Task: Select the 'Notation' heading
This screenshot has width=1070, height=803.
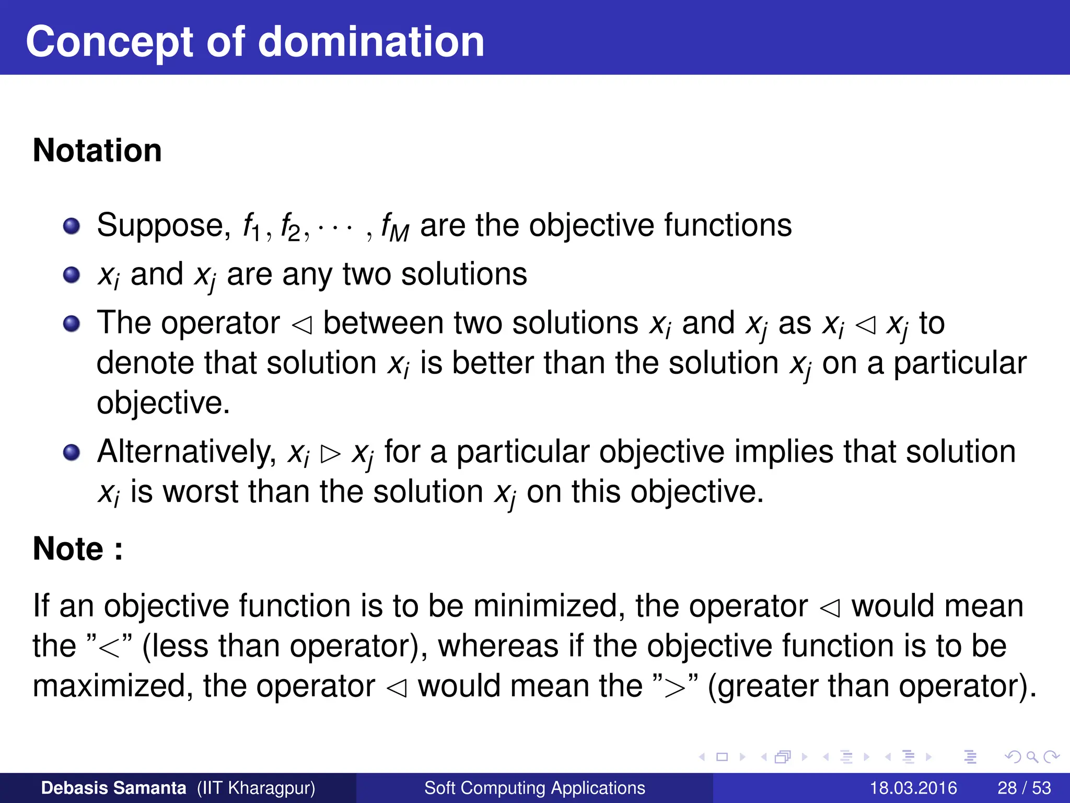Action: (x=97, y=151)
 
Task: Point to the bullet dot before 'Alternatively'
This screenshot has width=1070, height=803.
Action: (x=72, y=452)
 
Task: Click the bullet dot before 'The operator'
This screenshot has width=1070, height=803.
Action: (x=72, y=324)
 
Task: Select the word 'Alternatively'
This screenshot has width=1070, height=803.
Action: (x=187, y=451)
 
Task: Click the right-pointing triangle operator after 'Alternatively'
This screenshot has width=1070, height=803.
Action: (x=331, y=454)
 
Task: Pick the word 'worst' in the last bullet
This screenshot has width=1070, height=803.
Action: (x=200, y=491)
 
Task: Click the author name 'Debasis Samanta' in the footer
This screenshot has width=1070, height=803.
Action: (x=113, y=788)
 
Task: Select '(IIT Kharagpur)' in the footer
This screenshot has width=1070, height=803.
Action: (x=256, y=788)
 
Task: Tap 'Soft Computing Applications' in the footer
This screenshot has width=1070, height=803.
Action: (x=534, y=788)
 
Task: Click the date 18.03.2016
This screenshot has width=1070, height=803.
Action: (x=913, y=788)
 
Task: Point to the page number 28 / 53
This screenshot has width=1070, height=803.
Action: (x=1024, y=788)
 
